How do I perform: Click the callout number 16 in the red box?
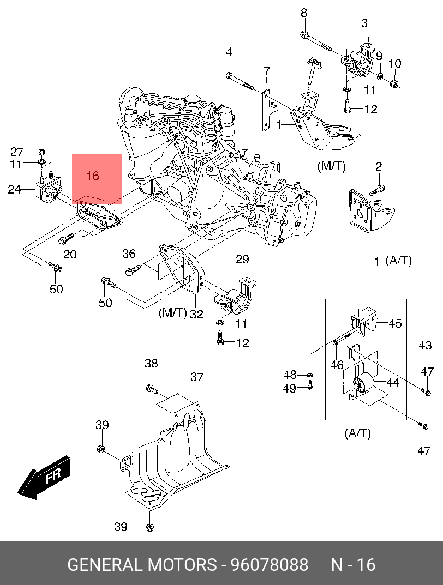click(x=93, y=176)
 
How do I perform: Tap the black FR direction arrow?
click(x=44, y=477)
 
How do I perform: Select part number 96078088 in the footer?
click(x=270, y=565)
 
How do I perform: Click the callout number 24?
click(x=15, y=190)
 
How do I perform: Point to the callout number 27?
click(x=17, y=152)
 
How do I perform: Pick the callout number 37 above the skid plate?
click(x=197, y=377)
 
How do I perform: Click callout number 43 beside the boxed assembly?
click(x=425, y=346)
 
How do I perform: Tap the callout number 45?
click(x=395, y=323)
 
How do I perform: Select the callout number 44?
click(x=393, y=382)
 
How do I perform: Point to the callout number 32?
click(x=197, y=314)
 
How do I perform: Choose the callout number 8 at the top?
click(x=304, y=13)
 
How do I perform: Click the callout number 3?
click(x=364, y=23)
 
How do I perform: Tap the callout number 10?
click(x=395, y=63)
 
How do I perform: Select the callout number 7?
click(x=266, y=71)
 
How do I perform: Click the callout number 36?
click(x=129, y=254)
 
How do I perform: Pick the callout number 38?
click(x=151, y=363)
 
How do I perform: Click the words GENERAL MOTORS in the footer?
click(x=142, y=565)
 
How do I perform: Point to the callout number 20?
click(x=70, y=254)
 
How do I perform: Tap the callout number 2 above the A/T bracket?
click(x=379, y=166)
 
